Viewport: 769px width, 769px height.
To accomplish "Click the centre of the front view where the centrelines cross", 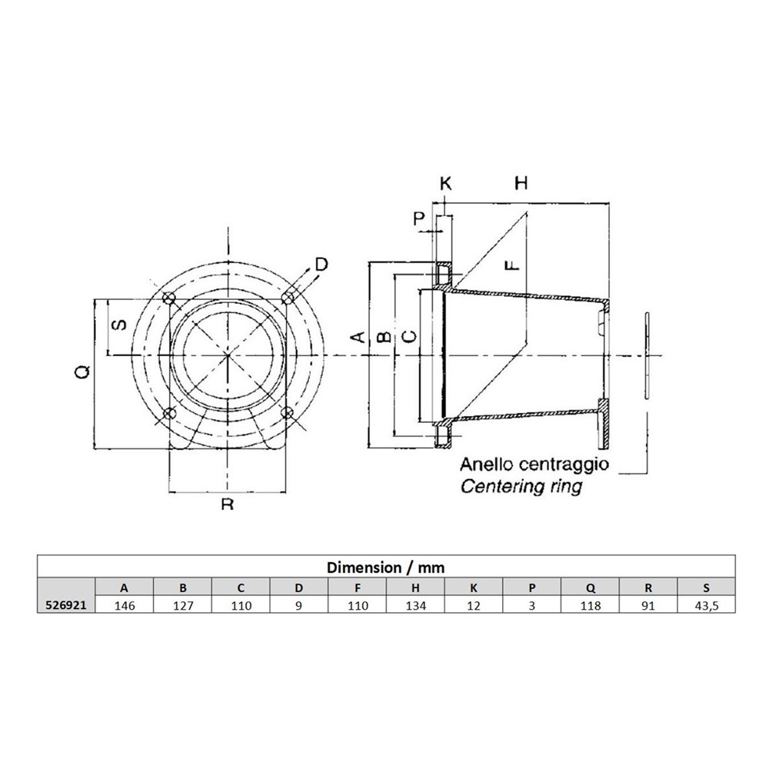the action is click(228, 355).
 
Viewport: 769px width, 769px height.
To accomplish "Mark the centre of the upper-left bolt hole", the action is click(170, 298).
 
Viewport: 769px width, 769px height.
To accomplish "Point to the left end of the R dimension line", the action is click(168, 491).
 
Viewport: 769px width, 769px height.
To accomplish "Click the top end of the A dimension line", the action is click(368, 262).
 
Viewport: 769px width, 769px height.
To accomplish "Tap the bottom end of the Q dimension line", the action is click(94, 448).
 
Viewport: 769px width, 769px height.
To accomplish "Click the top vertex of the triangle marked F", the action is click(526, 212).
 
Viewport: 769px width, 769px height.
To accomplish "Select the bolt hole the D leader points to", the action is click(288, 297).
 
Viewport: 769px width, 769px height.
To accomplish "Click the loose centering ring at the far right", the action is click(647, 355).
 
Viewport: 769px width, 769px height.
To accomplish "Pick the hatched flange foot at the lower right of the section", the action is click(604, 424).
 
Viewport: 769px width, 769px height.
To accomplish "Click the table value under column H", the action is click(415, 605).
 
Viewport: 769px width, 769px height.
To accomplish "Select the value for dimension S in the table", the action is click(706, 605).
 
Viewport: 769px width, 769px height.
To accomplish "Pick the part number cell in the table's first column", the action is click(65, 605).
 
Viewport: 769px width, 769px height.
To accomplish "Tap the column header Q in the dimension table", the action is click(590, 588).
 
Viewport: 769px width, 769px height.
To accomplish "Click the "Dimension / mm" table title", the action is click(385, 568).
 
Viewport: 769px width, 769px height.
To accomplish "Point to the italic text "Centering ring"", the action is click(522, 486).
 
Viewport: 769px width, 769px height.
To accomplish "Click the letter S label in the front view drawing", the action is click(120, 325).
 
